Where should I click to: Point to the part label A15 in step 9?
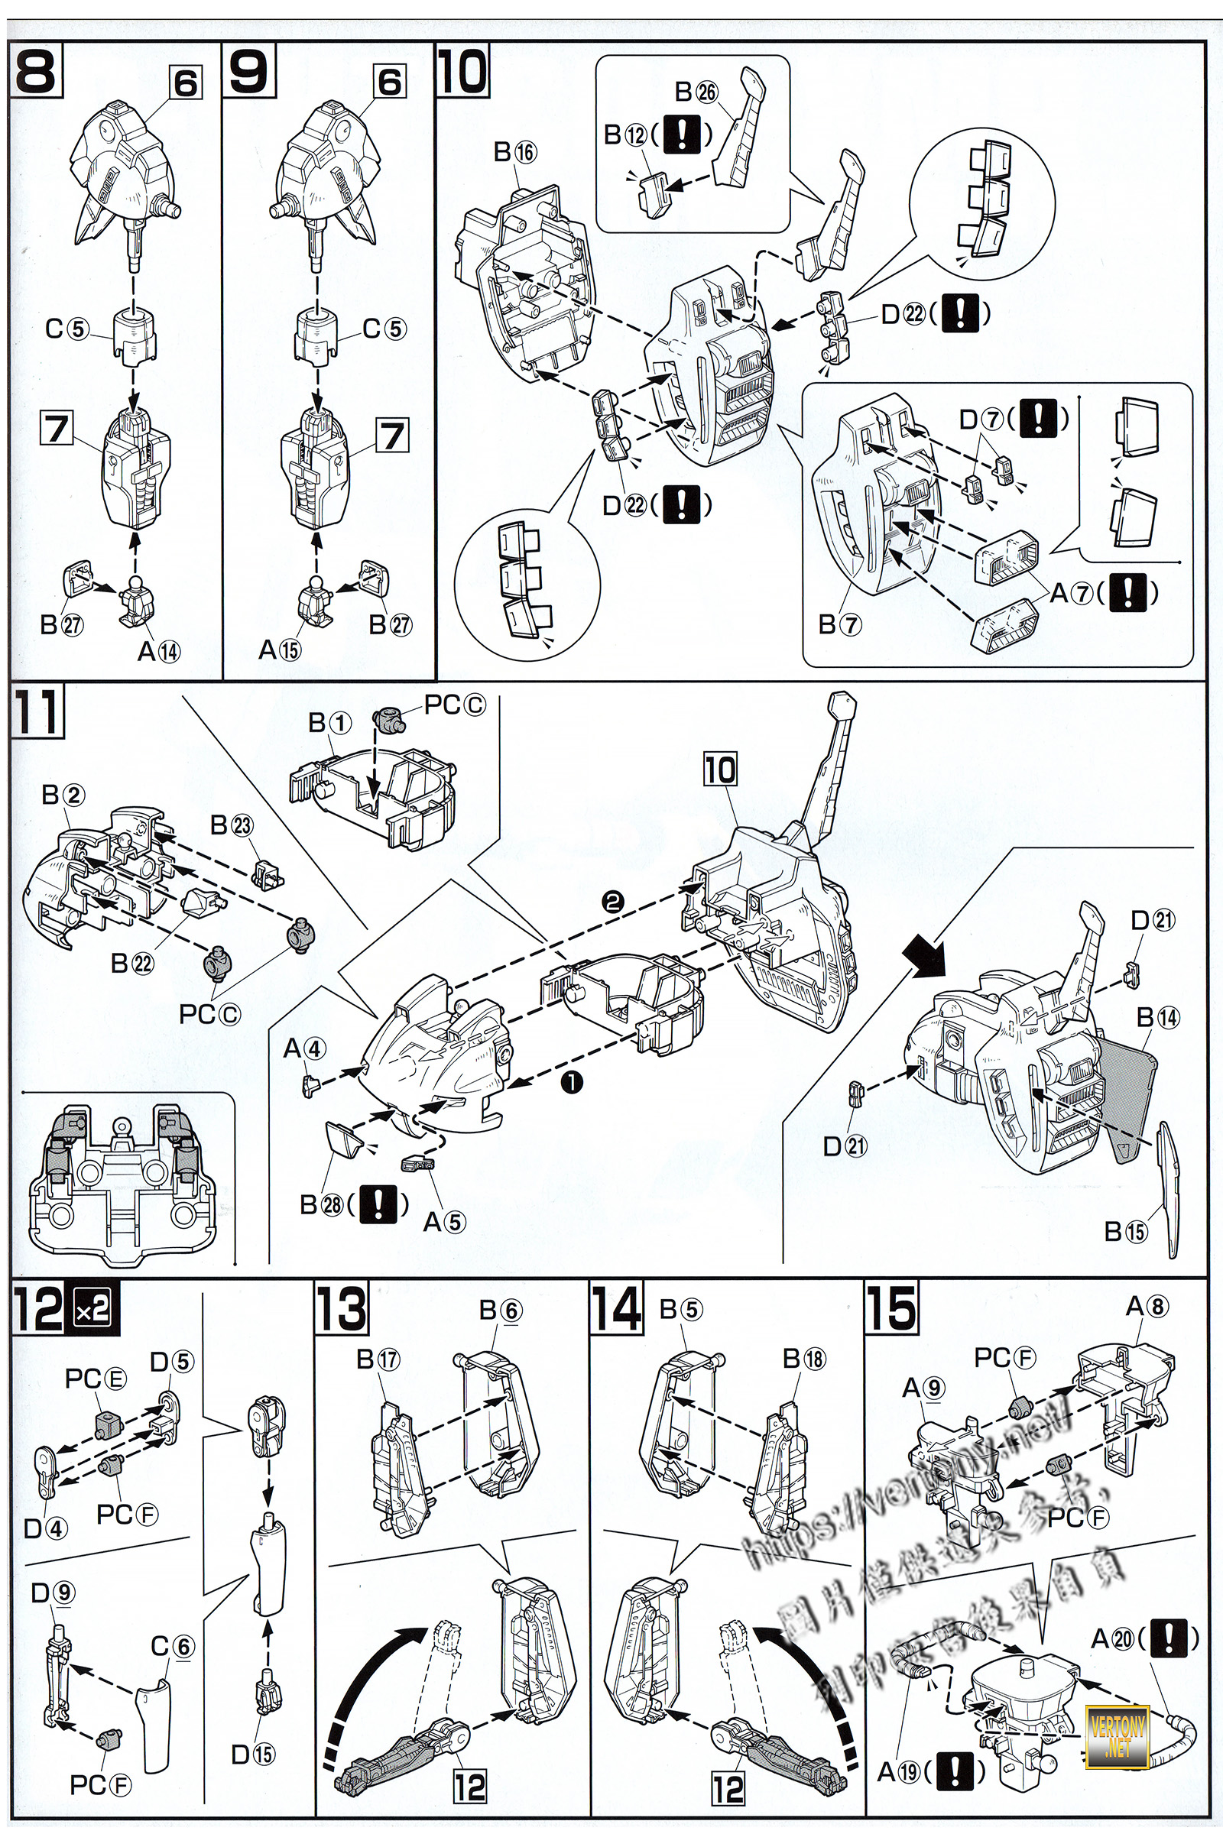pyautogui.click(x=280, y=649)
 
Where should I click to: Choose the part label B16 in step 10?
pyautogui.click(x=515, y=152)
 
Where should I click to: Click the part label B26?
pyautogui.click(x=696, y=92)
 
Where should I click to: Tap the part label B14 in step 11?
pyautogui.click(x=1157, y=1017)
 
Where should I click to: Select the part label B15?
pyautogui.click(x=1126, y=1231)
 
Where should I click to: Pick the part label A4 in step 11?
pyautogui.click(x=304, y=1049)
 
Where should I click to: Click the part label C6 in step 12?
pyautogui.click(x=171, y=1646)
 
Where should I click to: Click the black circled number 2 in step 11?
pyautogui.click(x=612, y=902)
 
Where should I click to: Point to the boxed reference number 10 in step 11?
pyautogui.click(x=720, y=770)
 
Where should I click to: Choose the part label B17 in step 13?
pyautogui.click(x=378, y=1359)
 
